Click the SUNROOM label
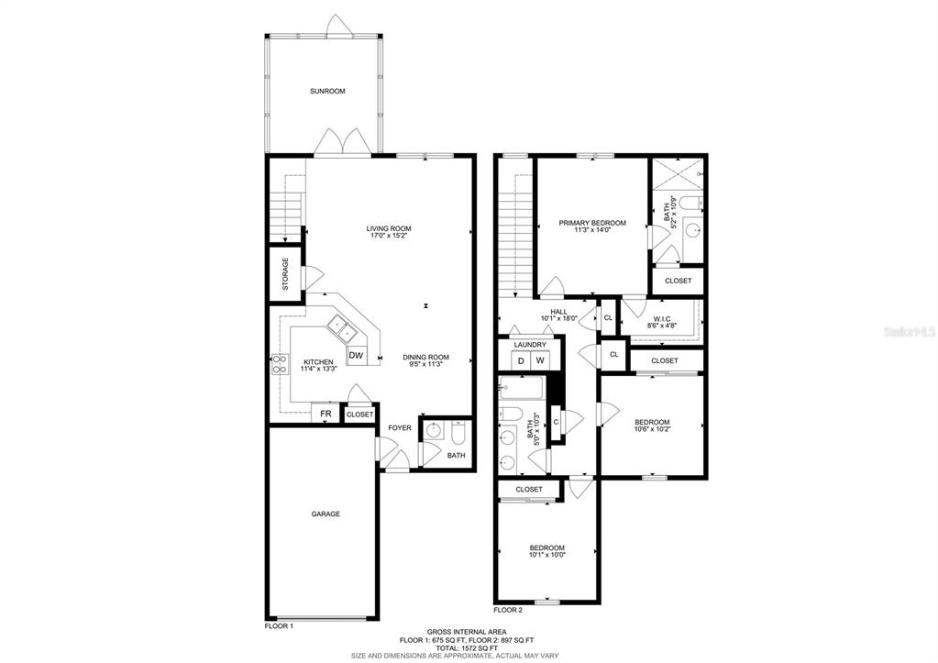[x=327, y=92]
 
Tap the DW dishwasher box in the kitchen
[x=357, y=356]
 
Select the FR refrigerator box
[x=326, y=414]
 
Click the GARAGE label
[x=326, y=514]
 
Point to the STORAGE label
[x=285, y=274]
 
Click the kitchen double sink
[x=343, y=328]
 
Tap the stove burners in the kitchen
[x=280, y=364]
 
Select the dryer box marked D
[x=521, y=360]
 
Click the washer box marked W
[x=539, y=360]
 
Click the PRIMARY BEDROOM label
[x=592, y=223]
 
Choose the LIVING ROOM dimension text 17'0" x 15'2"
[x=389, y=236]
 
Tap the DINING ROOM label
[x=425, y=358]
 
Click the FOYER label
[x=400, y=428]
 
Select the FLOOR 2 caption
[x=508, y=611]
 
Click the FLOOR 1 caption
[x=279, y=626]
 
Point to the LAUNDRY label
[x=530, y=346]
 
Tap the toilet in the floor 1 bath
[x=458, y=434]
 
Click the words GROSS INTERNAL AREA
[x=467, y=632]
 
